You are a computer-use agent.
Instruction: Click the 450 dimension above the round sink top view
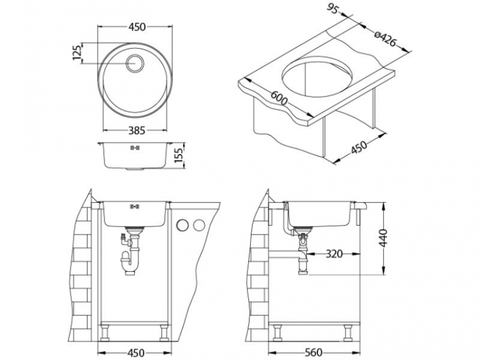[x=136, y=27]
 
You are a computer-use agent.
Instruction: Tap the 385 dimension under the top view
[x=135, y=130]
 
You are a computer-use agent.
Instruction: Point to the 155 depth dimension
[x=180, y=155]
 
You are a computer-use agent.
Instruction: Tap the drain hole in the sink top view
[x=135, y=63]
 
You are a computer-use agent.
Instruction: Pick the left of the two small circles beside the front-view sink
[x=182, y=224]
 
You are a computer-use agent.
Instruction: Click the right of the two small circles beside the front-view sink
[x=198, y=224]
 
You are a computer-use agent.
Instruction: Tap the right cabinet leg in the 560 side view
[x=348, y=331]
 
